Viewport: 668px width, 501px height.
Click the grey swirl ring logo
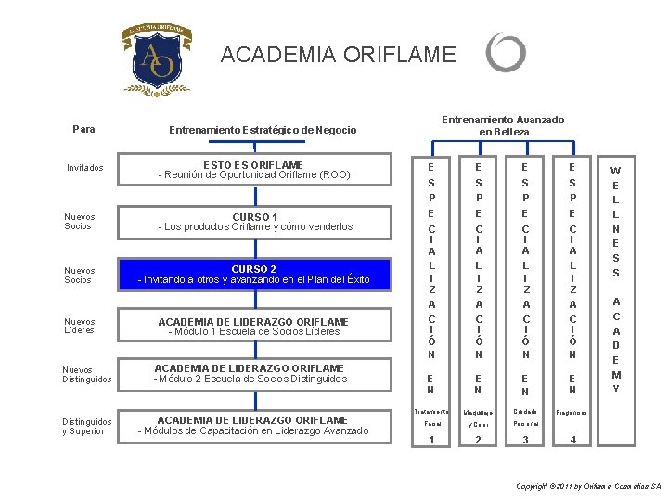(506, 54)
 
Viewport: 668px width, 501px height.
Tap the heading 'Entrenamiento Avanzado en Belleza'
(502, 126)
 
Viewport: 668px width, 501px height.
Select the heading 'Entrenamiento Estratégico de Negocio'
(263, 131)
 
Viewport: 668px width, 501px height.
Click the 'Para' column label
(83, 129)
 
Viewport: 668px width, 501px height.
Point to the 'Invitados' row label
(85, 168)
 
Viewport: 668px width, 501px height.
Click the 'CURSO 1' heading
(254, 218)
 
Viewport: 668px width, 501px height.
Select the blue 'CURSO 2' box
(253, 275)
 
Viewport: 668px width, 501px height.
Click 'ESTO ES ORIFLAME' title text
(253, 165)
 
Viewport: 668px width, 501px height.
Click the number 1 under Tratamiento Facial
(430, 440)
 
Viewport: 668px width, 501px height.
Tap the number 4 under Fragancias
(573, 440)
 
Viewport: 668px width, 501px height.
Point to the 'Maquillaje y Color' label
(479, 417)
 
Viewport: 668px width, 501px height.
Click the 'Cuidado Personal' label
(526, 417)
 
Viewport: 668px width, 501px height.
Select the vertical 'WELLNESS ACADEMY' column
(615, 279)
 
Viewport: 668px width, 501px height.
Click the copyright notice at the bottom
(588, 486)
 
